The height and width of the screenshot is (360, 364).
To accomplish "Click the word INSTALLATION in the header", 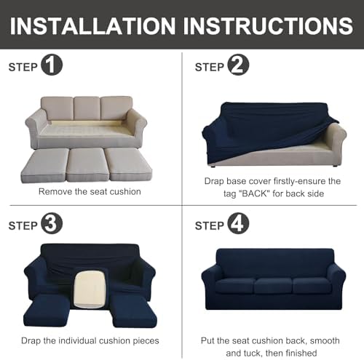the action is click(92, 26).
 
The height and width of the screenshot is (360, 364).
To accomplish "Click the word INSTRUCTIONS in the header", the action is click(268, 26).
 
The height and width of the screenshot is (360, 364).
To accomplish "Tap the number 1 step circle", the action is click(52, 65).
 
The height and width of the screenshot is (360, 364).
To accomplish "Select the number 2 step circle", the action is click(238, 65).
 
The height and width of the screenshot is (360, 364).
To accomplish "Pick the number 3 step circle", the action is click(52, 223).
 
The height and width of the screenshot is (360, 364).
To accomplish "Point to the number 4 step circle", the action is click(238, 223).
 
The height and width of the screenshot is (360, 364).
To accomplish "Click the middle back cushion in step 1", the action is click(87, 108).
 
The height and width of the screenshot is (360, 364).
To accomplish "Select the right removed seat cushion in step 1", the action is click(129, 164).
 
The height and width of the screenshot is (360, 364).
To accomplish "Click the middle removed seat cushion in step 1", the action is click(87, 164).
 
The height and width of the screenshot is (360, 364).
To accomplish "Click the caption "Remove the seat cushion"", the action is click(90, 191).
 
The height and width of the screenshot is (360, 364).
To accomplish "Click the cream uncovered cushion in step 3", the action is click(90, 289).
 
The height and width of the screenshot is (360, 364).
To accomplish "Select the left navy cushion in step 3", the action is click(47, 311).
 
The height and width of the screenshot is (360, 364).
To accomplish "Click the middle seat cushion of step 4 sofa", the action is click(273, 286).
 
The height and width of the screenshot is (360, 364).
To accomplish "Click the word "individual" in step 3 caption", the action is click(77, 340).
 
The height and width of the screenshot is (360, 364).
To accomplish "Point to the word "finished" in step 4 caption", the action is click(301, 353).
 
